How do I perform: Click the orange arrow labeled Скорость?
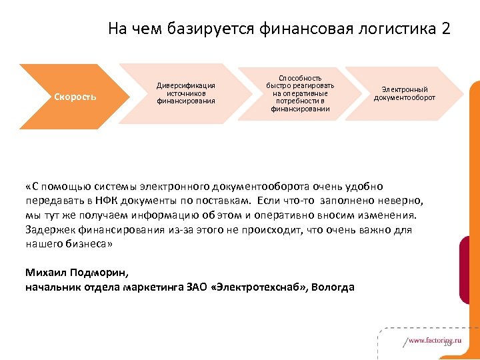[x=73, y=97]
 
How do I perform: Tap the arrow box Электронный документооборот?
[x=405, y=93]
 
